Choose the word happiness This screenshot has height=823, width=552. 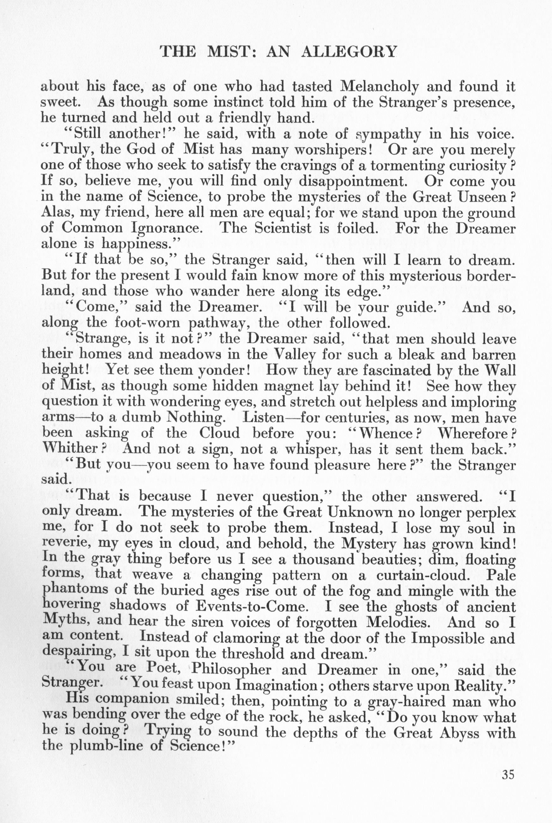tap(136, 244)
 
